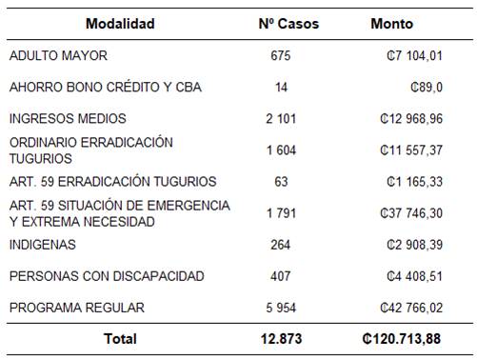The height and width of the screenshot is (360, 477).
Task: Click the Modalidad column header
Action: [119, 24]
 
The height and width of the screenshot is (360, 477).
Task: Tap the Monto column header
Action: [391, 24]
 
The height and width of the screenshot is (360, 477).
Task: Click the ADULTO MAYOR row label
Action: [58, 56]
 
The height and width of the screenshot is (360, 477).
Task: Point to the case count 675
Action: [280, 56]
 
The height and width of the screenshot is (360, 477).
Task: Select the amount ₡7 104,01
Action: [409, 56]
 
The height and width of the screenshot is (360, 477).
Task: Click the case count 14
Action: [280, 88]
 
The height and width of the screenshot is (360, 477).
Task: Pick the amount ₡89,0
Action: [424, 88]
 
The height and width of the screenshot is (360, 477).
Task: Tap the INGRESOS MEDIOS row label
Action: [68, 119]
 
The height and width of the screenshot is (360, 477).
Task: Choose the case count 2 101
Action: [280, 119]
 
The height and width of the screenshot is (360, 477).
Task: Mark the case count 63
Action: [280, 182]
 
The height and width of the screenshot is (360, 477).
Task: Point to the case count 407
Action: [280, 276]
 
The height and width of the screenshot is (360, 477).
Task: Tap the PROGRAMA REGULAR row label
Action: [77, 308]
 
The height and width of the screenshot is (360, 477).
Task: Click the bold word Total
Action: [121, 339]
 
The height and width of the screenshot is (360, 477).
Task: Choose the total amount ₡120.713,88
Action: [400, 339]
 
